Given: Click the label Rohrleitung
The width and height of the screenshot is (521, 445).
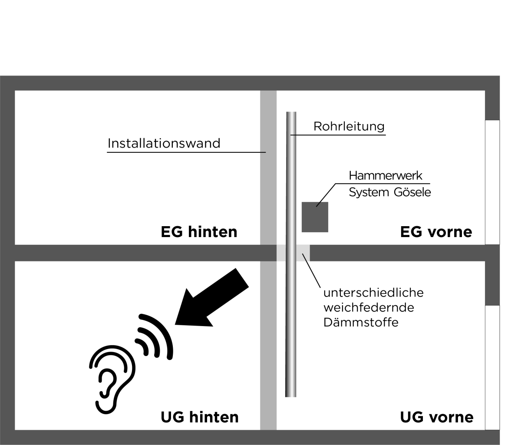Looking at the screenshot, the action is pos(349,126).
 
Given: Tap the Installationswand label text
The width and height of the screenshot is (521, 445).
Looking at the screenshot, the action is pos(164,143).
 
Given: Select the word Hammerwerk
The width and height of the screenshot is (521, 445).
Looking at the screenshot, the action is pos(386,176).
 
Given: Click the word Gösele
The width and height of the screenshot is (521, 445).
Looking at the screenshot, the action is pos(412,192).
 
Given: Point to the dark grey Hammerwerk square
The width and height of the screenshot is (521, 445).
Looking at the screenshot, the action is pos(315,217).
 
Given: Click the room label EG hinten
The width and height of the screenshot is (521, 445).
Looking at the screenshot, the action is pos(199,232).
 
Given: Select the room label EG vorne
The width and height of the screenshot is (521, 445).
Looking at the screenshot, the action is pos(436,232).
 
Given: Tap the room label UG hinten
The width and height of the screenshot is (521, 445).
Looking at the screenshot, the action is pos(199,417).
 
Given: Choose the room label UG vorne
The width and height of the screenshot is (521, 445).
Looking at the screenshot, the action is pos(437,417).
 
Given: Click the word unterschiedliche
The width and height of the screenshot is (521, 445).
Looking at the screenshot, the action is pos(373,293).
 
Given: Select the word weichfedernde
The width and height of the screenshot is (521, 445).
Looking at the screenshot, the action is pos(369,308).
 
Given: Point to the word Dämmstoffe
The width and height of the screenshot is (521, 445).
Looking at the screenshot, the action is pos(361,323).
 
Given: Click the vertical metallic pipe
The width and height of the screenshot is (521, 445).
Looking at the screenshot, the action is pos(291,254).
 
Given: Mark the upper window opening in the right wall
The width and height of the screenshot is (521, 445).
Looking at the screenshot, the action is pos(492,182).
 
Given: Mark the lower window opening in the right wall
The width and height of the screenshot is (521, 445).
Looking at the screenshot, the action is pos(492,368).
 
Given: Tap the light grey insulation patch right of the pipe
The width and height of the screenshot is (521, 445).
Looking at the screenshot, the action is pos(303,253).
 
